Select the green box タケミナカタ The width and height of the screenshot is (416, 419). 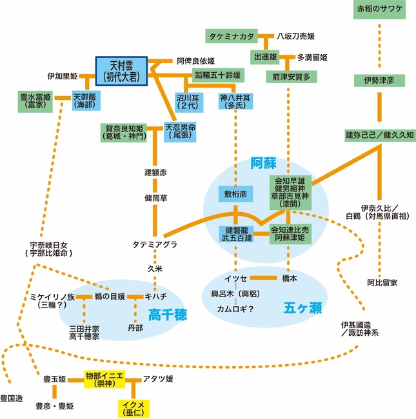click(232, 35)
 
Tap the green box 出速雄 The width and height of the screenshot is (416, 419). click(265, 57)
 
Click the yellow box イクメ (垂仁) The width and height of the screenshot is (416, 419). click(135, 407)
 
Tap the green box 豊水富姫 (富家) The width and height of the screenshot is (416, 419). click(36, 99)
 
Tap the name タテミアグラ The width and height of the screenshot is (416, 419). click(155, 244)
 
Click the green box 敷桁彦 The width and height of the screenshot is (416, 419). click(236, 193)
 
